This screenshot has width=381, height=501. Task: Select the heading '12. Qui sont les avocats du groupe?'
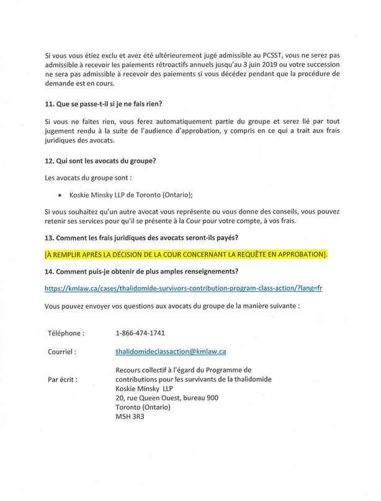click(100, 161)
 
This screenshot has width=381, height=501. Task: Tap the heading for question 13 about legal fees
click(141, 238)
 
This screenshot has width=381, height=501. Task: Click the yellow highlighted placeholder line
click(186, 255)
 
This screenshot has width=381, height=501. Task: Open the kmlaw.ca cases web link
click(183, 289)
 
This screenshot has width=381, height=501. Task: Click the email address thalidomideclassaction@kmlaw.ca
click(171, 351)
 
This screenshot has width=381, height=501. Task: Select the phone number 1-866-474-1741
click(140, 333)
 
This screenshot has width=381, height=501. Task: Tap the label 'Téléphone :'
click(66, 333)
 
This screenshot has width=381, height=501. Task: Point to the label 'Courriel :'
click(62, 352)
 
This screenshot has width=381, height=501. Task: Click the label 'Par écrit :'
click(63, 380)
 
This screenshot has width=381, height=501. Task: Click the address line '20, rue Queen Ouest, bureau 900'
click(166, 398)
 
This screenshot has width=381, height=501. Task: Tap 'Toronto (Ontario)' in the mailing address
click(143, 407)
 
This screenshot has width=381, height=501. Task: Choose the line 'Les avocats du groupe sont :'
click(88, 178)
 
